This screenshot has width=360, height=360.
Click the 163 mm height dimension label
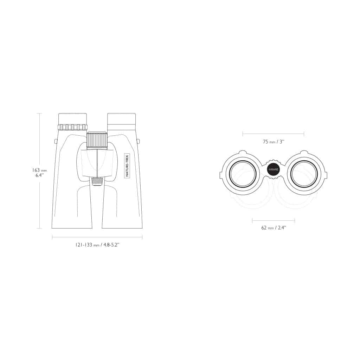39,171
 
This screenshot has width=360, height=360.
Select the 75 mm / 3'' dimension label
274,142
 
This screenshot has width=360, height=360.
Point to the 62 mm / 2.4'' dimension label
274,228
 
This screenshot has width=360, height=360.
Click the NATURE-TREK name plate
127,166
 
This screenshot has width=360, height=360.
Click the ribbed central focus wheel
97,140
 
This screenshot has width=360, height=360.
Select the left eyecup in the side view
72,119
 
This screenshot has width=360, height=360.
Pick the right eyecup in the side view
121,119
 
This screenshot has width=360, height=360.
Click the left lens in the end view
243,173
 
